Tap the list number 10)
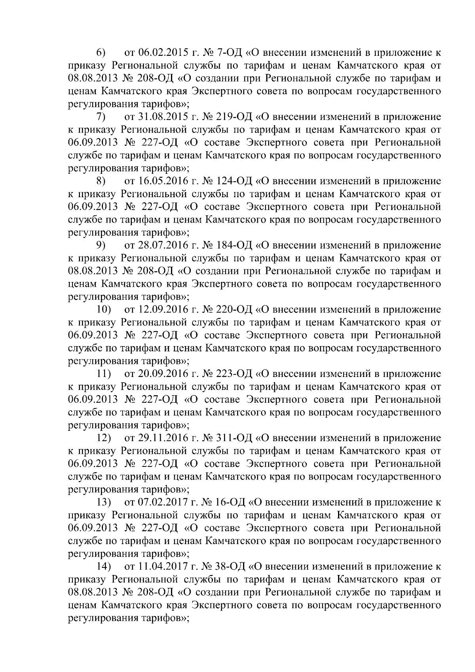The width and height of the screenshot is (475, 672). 104,310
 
